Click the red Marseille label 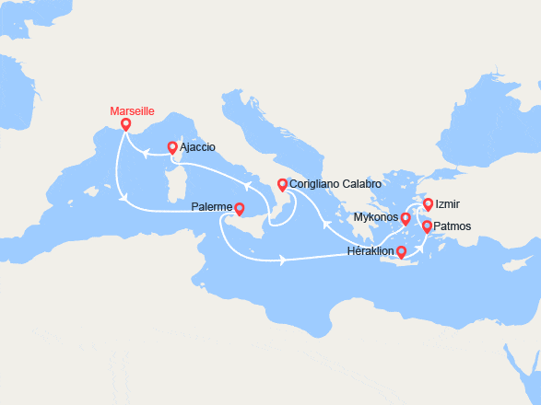pos(132,111)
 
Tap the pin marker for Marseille pos(126,125)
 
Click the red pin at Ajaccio pos(172,147)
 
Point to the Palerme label pos(212,208)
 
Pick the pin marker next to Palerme pos(240,209)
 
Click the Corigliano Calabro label pos(335,184)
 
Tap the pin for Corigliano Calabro pos(282,184)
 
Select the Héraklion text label pos(370,250)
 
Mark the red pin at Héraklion pos(401,249)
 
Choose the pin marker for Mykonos pos(406,219)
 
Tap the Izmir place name pos(449,204)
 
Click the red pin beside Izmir pos(428,205)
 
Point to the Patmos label pos(453,226)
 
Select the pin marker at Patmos pos(427,227)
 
